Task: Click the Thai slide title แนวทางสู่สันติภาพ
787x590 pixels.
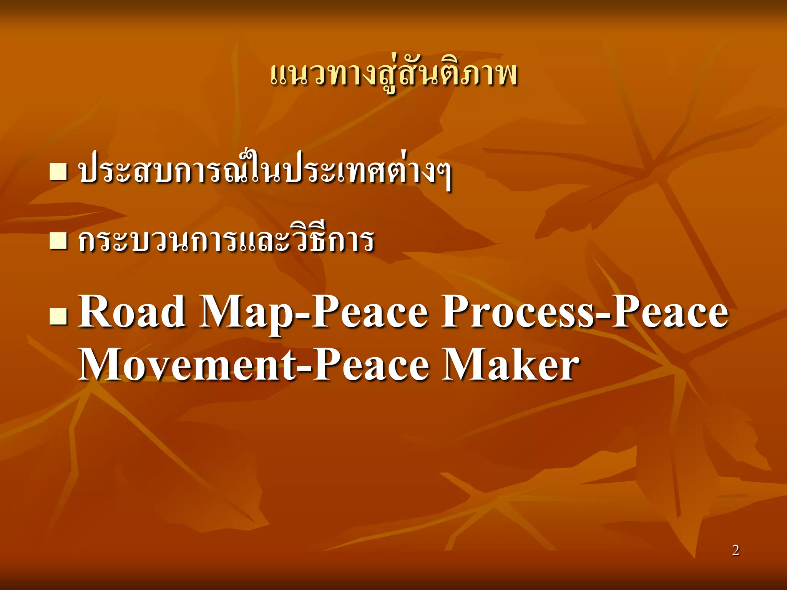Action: pyautogui.click(x=393, y=75)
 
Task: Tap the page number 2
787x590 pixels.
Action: pyautogui.click(x=736, y=550)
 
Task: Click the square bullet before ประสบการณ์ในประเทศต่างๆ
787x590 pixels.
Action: pyautogui.click(x=58, y=172)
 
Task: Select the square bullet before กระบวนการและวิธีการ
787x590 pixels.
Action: pyautogui.click(x=58, y=240)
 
